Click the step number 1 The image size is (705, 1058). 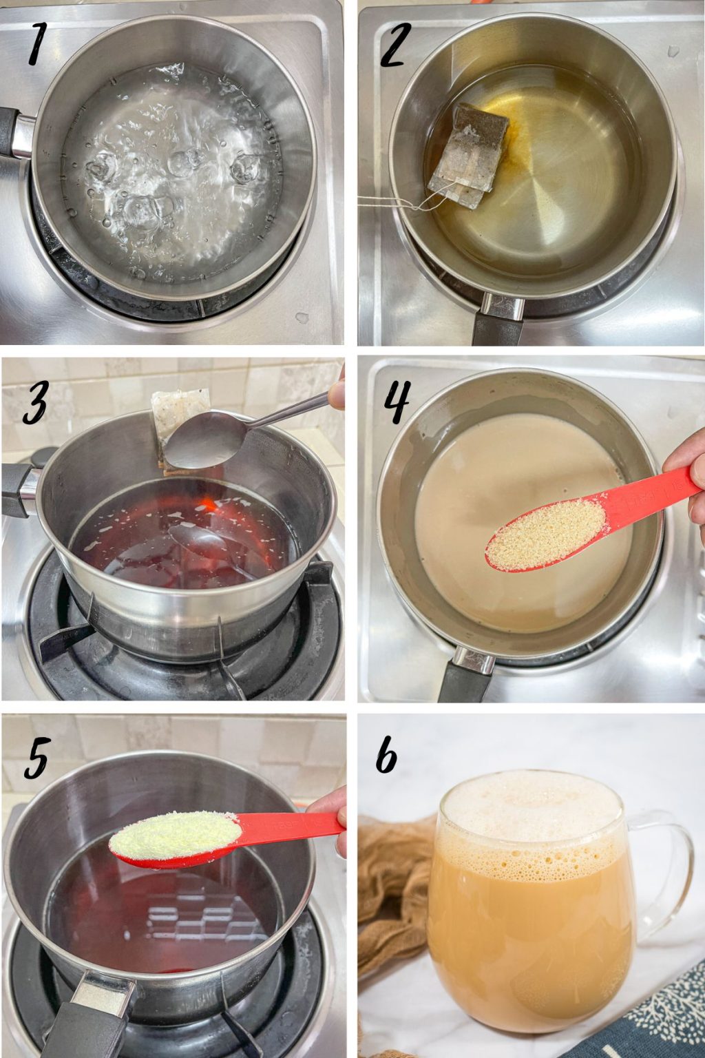point(38,45)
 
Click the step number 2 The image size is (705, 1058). point(395,45)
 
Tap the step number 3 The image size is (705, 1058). point(35,404)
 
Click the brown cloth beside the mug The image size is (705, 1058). point(392,895)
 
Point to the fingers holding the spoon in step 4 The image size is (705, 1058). point(688,468)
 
